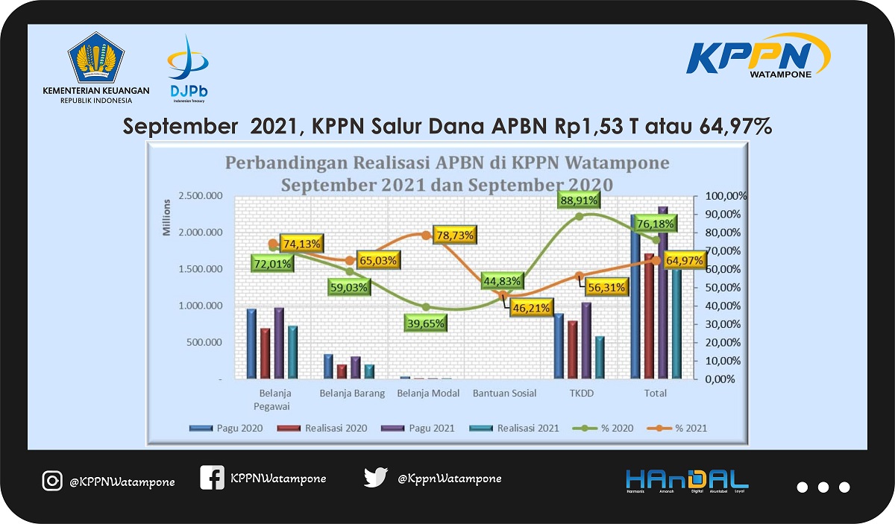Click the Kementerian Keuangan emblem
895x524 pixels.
96,57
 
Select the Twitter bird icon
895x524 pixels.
375,477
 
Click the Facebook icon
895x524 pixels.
212,478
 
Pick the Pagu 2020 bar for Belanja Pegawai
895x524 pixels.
251,344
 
